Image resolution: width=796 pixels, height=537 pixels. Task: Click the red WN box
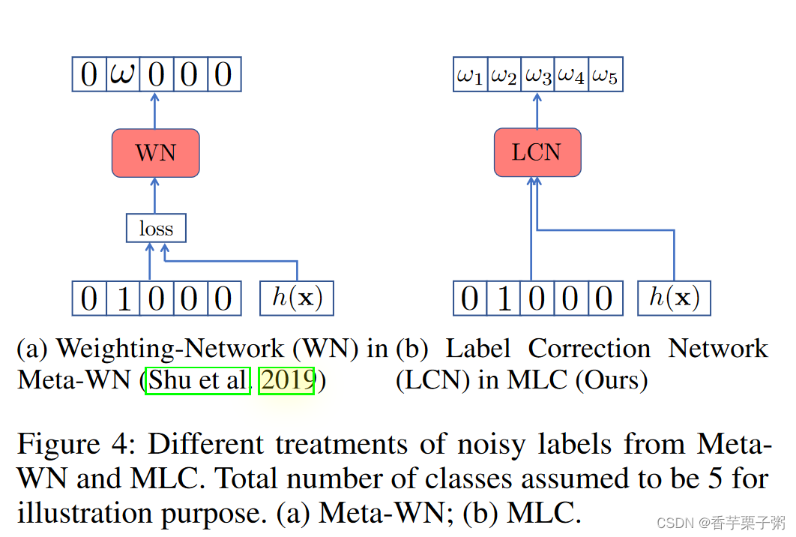click(x=155, y=153)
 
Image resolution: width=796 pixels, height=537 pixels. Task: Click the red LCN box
click(x=537, y=152)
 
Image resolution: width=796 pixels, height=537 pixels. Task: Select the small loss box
click(x=156, y=229)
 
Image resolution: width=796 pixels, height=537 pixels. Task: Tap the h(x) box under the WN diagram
click(x=297, y=298)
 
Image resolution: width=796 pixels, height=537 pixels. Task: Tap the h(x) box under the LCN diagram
click(x=674, y=298)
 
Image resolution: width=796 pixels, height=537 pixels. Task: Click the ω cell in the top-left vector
click(x=123, y=75)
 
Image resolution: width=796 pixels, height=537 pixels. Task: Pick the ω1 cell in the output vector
click(x=470, y=76)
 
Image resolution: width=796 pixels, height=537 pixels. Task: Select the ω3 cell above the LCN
click(x=537, y=76)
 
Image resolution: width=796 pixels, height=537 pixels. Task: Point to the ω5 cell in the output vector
click(x=605, y=76)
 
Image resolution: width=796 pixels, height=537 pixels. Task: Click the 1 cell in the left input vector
click(x=123, y=298)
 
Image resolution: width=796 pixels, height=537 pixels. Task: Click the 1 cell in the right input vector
click(x=504, y=298)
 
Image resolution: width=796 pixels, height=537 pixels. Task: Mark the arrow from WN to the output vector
click(x=155, y=110)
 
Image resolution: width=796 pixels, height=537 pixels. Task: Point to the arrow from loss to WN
click(x=155, y=196)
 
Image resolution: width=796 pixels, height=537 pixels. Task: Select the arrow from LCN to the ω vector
click(x=537, y=110)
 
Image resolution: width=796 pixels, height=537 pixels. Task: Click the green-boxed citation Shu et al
click(x=198, y=380)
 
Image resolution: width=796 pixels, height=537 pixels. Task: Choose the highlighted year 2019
click(x=286, y=380)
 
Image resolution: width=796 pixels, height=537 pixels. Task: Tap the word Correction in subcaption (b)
click(x=589, y=349)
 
